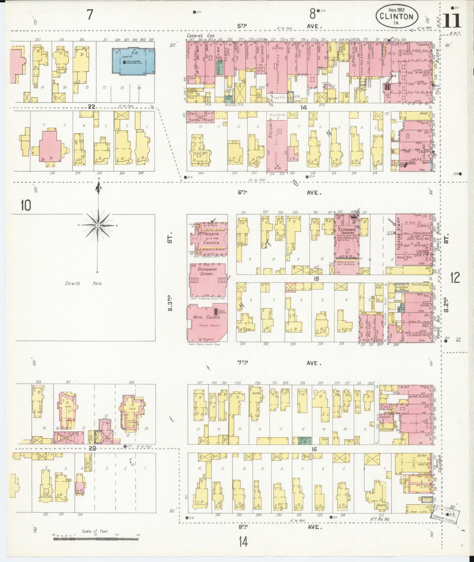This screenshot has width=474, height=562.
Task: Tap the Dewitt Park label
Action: click(83, 283)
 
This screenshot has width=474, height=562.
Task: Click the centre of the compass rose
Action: click(98, 226)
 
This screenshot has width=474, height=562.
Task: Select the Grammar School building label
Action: click(205, 271)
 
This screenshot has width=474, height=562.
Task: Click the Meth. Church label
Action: click(207, 317)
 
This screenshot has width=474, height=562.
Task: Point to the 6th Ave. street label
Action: click(279, 193)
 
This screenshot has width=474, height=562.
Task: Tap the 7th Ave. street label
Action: click(279, 363)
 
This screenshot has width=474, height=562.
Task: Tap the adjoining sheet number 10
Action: click(26, 206)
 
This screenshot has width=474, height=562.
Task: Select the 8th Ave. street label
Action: click(279, 528)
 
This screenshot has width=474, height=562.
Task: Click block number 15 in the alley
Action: click(316, 279)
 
